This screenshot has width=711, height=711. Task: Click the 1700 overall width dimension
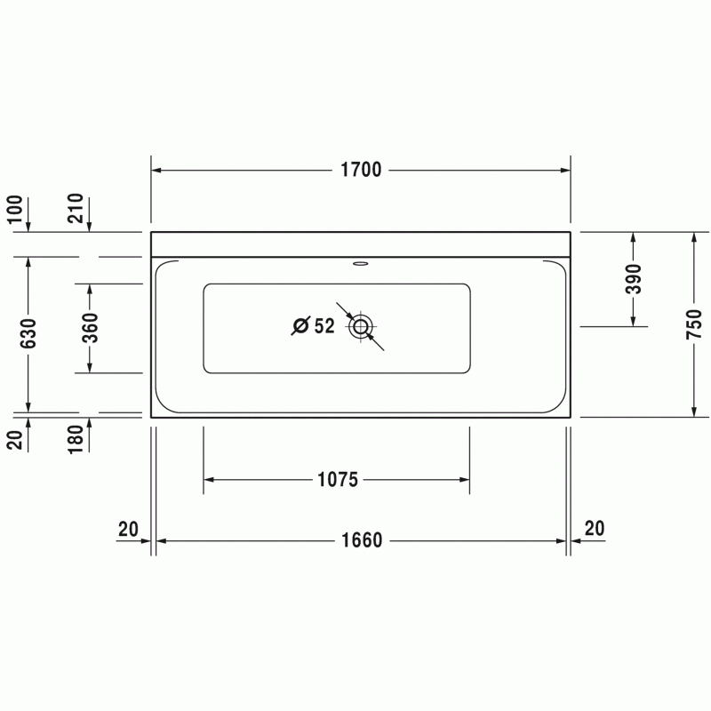(x=361, y=170)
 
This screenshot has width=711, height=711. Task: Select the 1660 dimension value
(x=362, y=540)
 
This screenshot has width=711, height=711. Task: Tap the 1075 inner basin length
(x=338, y=479)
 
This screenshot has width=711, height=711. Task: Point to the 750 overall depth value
(x=694, y=324)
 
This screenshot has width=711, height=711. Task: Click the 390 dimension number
(x=634, y=279)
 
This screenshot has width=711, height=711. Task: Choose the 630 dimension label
(x=28, y=333)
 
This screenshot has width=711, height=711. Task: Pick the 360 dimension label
(x=91, y=327)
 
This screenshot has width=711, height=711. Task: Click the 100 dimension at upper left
(x=14, y=209)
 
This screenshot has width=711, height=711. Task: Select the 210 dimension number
(x=76, y=208)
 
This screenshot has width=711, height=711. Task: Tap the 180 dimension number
(x=76, y=439)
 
